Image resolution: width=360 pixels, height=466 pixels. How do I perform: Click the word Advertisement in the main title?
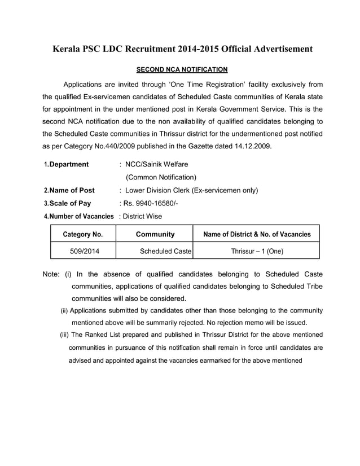[275, 49]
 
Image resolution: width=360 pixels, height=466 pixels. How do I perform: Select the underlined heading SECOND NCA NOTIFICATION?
[182, 69]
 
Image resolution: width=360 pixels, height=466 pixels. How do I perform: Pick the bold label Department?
[69, 164]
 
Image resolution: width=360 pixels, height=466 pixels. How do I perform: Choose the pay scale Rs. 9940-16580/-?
[153, 204]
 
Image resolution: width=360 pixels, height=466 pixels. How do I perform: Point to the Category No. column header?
[82, 234]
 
